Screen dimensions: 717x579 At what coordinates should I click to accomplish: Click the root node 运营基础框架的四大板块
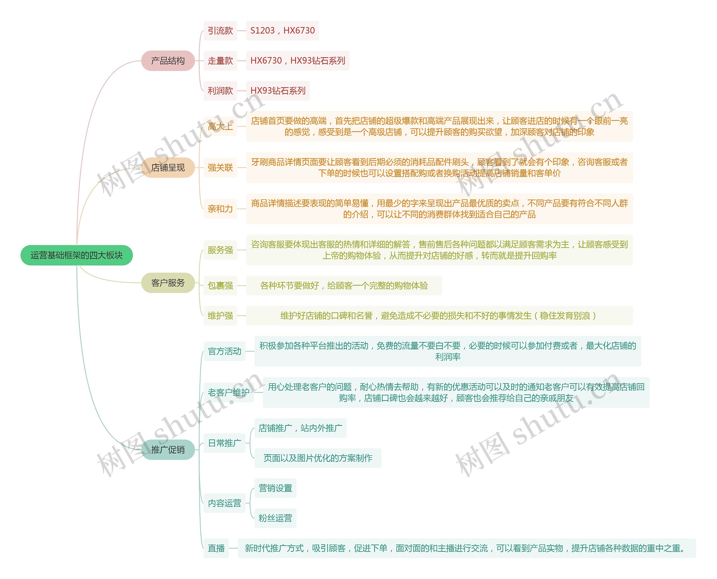77,255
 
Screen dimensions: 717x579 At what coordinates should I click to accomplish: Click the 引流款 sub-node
220,31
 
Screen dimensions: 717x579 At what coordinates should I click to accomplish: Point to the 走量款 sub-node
220,61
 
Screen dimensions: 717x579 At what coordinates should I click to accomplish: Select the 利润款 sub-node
220,91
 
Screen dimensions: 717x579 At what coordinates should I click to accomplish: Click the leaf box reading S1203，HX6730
282,31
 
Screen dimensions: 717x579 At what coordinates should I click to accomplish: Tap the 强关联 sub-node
220,167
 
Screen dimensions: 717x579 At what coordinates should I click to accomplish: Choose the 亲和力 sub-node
220,209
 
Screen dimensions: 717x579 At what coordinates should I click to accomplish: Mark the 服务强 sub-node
220,250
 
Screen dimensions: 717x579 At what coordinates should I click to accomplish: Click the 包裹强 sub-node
220,285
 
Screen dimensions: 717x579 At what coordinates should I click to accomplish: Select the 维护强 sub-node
220,315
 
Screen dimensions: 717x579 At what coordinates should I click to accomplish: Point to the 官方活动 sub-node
225,351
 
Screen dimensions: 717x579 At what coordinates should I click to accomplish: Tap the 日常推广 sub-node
225,443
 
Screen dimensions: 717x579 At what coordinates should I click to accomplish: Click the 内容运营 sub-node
225,503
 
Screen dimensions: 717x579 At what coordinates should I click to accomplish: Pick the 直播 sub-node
216,548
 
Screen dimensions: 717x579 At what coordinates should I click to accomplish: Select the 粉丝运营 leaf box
275,518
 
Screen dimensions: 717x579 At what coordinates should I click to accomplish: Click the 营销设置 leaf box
275,488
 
